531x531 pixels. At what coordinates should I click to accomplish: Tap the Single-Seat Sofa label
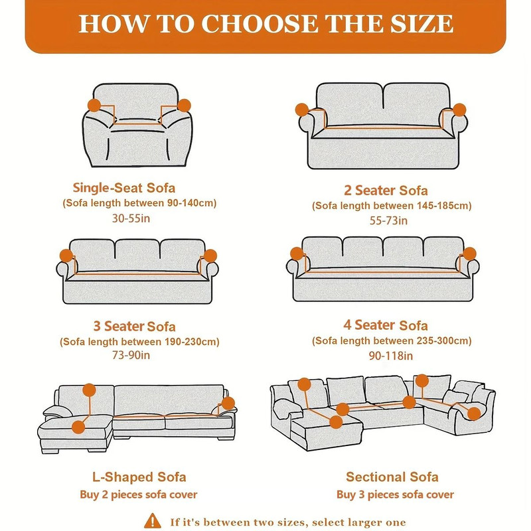pyautogui.click(x=124, y=188)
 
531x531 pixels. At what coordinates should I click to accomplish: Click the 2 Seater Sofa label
pyautogui.click(x=386, y=190)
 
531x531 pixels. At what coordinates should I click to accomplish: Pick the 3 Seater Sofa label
pyautogui.click(x=134, y=326)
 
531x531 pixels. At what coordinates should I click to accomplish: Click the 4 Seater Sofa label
pyautogui.click(x=386, y=325)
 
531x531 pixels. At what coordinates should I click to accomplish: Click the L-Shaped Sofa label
pyautogui.click(x=139, y=477)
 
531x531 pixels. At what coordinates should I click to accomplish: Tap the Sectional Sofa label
pyautogui.click(x=392, y=477)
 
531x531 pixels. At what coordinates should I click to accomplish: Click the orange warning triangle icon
pyautogui.click(x=153, y=520)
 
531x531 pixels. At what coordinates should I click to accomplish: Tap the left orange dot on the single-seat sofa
pyautogui.click(x=94, y=106)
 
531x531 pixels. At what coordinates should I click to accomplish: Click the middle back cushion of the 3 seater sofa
pyautogui.click(x=137, y=254)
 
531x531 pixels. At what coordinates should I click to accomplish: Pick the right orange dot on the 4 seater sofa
pyautogui.click(x=470, y=253)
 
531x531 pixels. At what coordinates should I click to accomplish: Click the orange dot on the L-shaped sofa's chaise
pyautogui.click(x=79, y=426)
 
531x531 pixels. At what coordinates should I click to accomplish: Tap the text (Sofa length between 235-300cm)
pyautogui.click(x=392, y=341)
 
